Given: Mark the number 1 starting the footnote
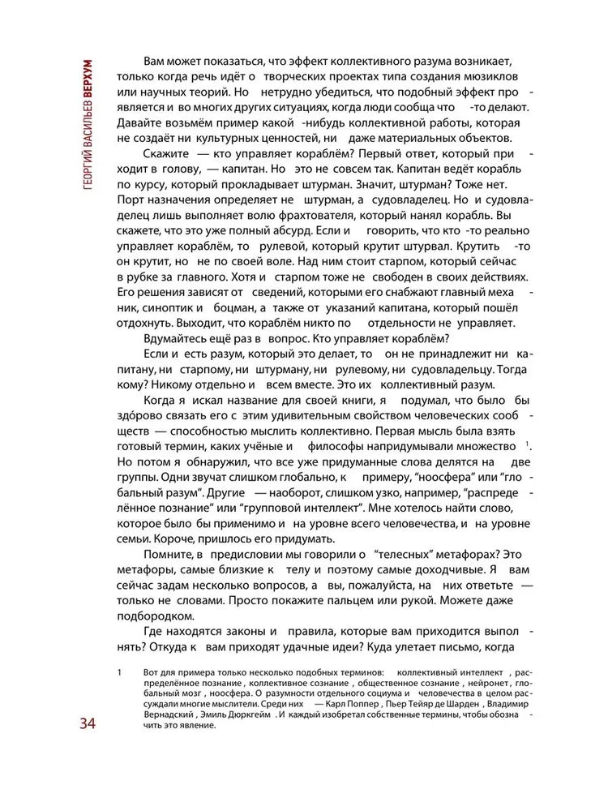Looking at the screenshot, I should click(119, 672).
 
